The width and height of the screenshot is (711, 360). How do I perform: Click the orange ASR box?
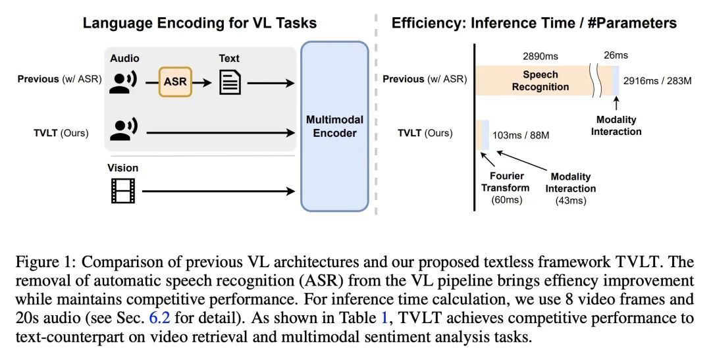click(175, 82)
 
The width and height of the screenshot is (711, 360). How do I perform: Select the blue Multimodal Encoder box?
click(335, 126)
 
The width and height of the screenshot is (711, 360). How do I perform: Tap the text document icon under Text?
click(229, 82)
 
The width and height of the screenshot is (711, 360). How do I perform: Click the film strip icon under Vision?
click(122, 190)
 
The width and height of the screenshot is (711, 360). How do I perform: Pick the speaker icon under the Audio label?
click(122, 82)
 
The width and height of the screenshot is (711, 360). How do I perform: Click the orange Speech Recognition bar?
click(540, 81)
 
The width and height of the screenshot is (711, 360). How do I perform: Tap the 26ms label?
click(616, 55)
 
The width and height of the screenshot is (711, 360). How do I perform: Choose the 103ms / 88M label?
click(521, 135)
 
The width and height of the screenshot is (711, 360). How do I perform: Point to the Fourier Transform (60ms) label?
click(506, 188)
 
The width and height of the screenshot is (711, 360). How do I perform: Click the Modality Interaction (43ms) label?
click(570, 188)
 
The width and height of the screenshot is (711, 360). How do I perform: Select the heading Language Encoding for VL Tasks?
click(199, 23)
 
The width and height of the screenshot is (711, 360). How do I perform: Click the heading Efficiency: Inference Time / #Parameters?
click(534, 23)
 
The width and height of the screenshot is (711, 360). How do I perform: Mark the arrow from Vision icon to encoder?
click(218, 192)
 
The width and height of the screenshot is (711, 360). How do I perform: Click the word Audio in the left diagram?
click(124, 59)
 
